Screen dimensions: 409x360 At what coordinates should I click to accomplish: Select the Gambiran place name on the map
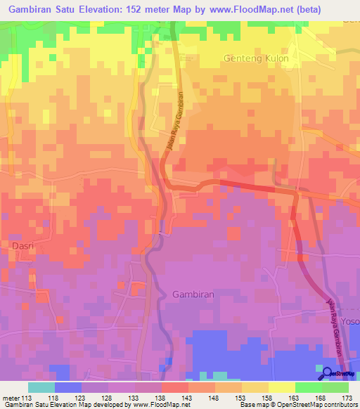(193, 294)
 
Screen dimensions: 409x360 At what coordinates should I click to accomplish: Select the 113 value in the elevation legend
(25, 398)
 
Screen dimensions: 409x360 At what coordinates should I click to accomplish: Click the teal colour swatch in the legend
(41, 387)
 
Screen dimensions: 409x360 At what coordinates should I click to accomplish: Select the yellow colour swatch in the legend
(281, 387)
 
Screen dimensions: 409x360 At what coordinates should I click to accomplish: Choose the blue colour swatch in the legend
(67, 387)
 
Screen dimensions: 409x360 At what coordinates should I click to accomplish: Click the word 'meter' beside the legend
(9, 398)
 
